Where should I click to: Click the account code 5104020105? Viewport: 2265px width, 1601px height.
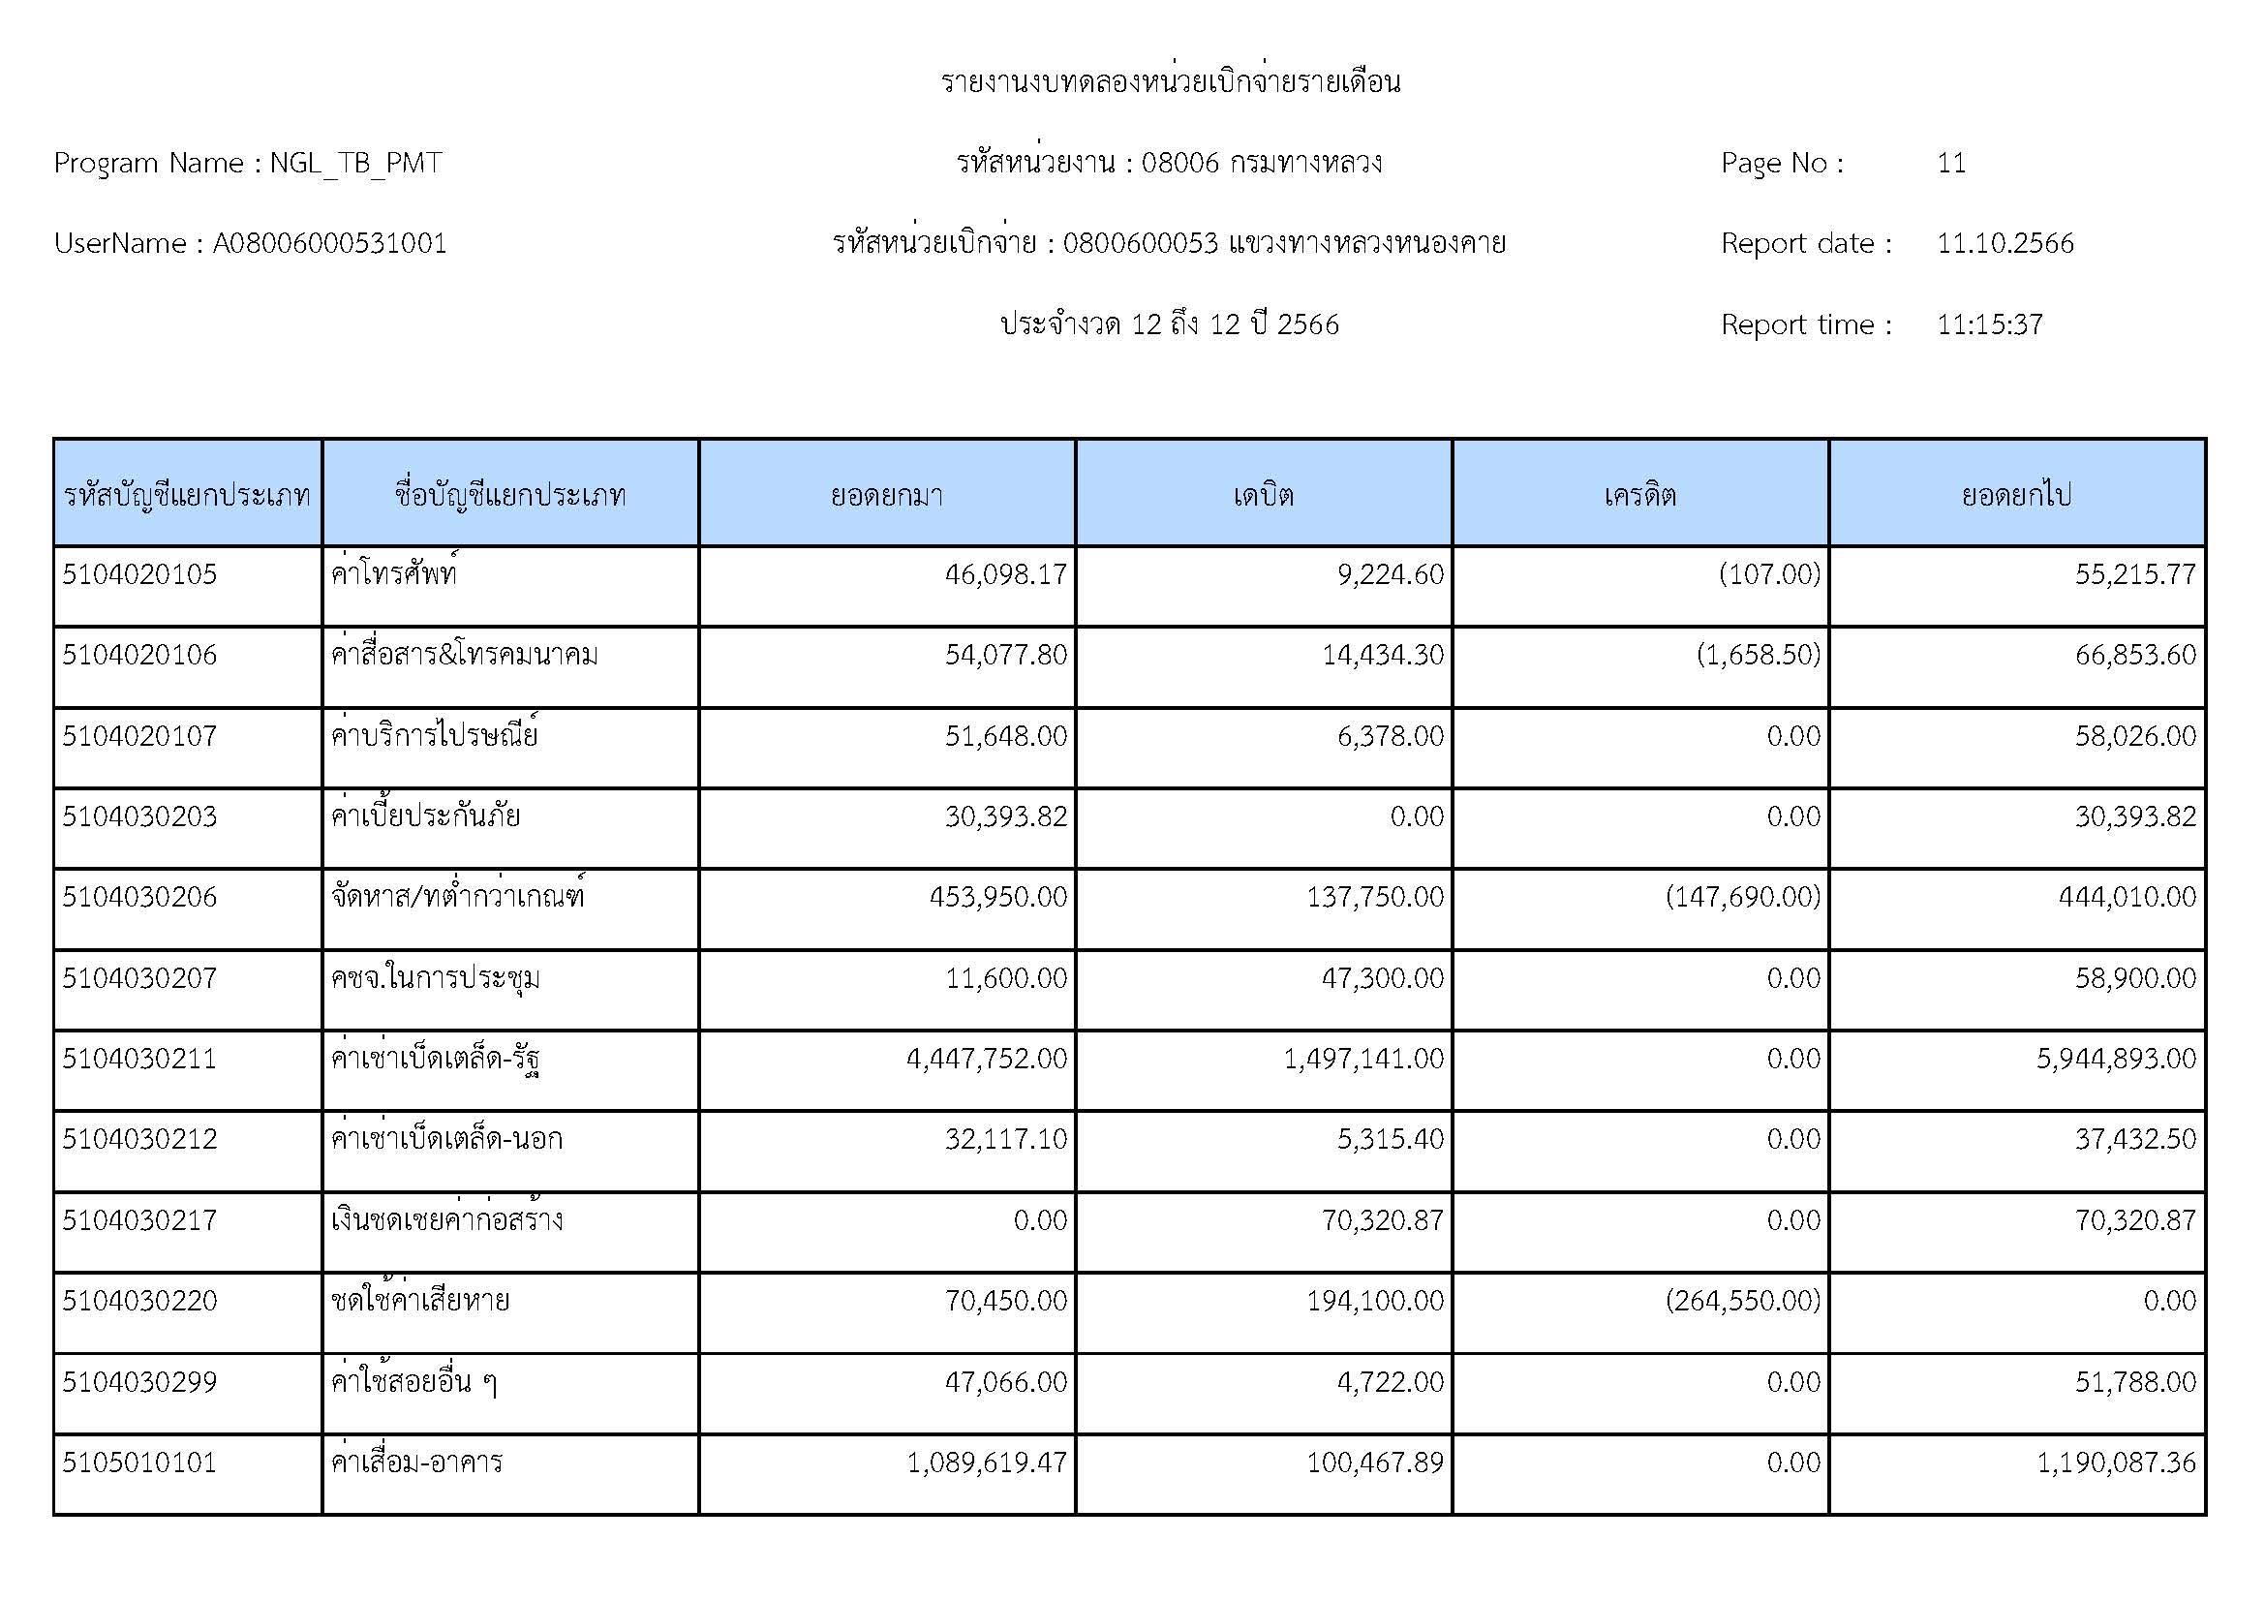click(x=139, y=574)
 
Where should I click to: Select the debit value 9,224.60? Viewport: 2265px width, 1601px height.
click(x=1390, y=574)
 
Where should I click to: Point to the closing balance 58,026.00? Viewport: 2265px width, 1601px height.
click(x=2135, y=736)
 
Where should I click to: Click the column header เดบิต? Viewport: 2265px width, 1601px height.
click(x=1263, y=494)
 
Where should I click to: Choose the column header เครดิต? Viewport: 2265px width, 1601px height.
click(x=1639, y=494)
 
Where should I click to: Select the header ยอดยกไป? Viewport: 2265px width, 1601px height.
click(x=2015, y=494)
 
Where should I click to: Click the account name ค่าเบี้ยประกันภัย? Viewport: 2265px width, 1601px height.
click(x=425, y=816)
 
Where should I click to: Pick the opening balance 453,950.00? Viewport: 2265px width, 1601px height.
click(x=997, y=897)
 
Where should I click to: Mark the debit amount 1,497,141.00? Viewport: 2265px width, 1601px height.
click(x=1362, y=1059)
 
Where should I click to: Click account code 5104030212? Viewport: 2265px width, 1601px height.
click(x=139, y=1139)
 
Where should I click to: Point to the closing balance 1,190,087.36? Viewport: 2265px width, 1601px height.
click(x=2116, y=1462)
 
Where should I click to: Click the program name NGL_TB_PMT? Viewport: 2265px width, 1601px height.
click(x=355, y=163)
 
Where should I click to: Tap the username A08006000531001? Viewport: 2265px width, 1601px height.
click(x=329, y=244)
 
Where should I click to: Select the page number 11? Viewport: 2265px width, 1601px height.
click(x=1950, y=163)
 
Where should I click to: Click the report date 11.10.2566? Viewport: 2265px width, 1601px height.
click(x=2005, y=244)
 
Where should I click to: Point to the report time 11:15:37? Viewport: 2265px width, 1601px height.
click(x=1989, y=324)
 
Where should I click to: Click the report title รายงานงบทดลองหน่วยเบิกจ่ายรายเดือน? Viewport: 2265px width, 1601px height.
click(x=1170, y=82)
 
